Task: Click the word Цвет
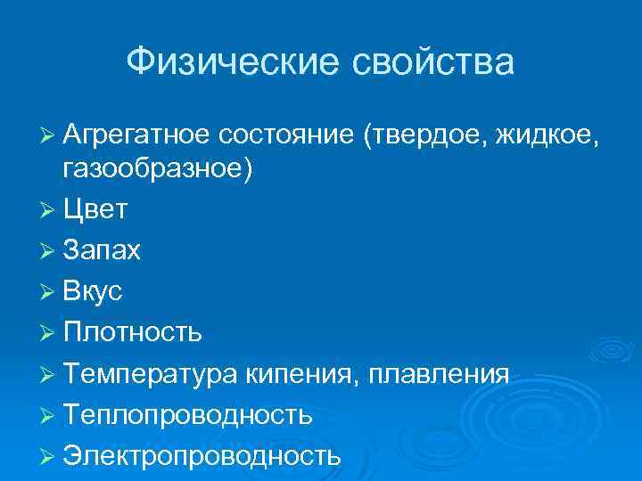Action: [x=95, y=210]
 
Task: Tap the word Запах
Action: [x=102, y=251]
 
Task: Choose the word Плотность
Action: [x=133, y=332]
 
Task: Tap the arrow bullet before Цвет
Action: [x=49, y=211]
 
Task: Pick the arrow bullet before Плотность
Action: [x=49, y=333]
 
